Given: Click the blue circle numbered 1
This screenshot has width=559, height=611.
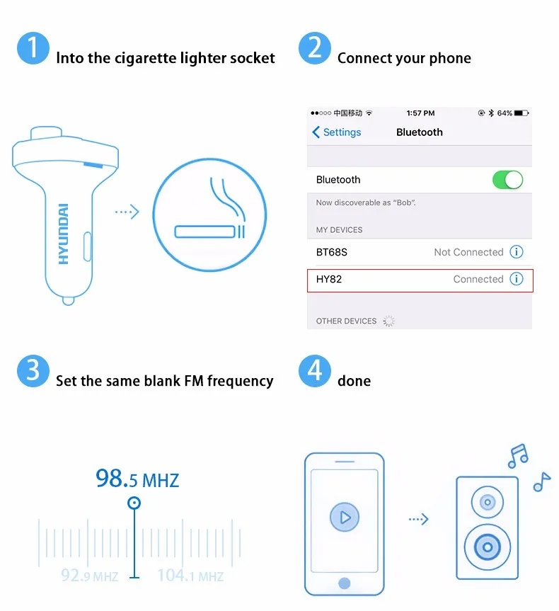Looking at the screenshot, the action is [33, 48].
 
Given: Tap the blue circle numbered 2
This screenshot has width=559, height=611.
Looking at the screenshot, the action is [315, 48].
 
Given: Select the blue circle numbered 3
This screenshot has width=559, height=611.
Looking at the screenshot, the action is [33, 370].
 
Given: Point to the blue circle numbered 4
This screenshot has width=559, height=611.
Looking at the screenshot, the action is [315, 370].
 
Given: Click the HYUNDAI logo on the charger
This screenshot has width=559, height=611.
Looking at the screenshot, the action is [64, 234].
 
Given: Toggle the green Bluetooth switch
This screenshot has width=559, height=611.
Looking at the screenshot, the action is [507, 180].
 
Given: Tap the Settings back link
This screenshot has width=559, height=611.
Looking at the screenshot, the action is [337, 132].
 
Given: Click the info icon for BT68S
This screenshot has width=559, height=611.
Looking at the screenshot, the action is [517, 252].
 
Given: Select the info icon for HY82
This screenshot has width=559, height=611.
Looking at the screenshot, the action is [517, 279].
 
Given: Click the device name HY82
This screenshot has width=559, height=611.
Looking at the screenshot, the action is [329, 279].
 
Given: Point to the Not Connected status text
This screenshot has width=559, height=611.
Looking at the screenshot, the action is [468, 252].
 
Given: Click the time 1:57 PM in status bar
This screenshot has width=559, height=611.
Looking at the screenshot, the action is [420, 113].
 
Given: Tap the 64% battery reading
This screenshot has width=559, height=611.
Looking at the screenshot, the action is [505, 113].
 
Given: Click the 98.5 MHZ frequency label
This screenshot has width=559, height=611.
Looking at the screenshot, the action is [137, 479].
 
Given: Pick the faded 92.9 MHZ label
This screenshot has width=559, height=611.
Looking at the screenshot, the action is [89, 576].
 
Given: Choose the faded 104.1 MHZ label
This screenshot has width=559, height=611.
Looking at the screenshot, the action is [190, 576].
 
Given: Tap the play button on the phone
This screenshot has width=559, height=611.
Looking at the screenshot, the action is [345, 517].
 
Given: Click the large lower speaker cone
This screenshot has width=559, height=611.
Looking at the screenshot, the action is [488, 547].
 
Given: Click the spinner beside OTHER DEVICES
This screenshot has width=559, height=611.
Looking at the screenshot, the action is [388, 321].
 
